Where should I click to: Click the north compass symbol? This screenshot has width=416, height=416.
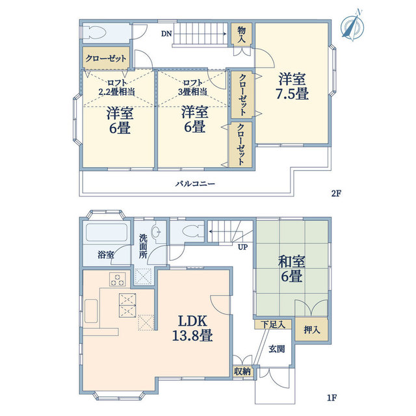pyautogui.click(x=353, y=25)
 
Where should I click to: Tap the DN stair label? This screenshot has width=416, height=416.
pyautogui.click(x=166, y=34)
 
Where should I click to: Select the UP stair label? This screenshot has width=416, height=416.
pyautogui.click(x=242, y=247)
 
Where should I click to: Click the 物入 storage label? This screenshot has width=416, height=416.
pyautogui.click(x=241, y=34)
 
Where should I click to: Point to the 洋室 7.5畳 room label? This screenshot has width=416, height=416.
pyautogui.click(x=292, y=86)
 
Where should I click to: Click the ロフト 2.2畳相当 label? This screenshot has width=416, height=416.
pyautogui.click(x=117, y=88)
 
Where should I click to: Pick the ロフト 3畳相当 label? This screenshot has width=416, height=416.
pyautogui.click(x=192, y=88)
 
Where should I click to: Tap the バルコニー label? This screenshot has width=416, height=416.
pyautogui.click(x=195, y=183)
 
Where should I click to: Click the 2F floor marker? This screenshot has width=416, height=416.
pyautogui.click(x=335, y=194)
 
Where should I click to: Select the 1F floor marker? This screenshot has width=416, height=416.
pyautogui.click(x=332, y=398)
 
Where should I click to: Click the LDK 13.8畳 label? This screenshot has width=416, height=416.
pyautogui.click(x=192, y=328)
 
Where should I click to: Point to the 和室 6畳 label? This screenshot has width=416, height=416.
pyautogui.click(x=292, y=268)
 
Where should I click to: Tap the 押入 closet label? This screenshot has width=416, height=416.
pyautogui.click(x=312, y=330)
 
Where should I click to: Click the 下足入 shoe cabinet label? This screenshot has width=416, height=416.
pyautogui.click(x=272, y=324)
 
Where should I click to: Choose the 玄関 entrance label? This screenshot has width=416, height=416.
pyautogui.click(x=276, y=349)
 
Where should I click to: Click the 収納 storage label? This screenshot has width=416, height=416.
pyautogui.click(x=242, y=372)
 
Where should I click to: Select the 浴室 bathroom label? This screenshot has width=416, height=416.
pyautogui.click(x=105, y=255)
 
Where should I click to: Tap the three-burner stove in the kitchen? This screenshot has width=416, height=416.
pyautogui.click(x=118, y=279)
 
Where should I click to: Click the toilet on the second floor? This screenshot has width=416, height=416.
pyautogui.click(x=94, y=33)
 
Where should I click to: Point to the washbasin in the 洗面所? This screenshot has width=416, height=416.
pyautogui.click(x=156, y=231)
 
